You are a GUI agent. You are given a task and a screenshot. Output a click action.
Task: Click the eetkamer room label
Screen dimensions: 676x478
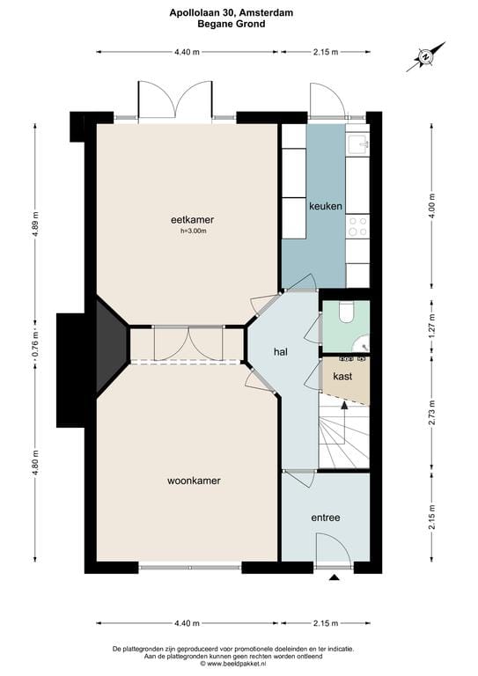coord(194,219)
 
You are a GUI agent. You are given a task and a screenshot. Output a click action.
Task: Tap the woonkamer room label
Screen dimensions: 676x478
coord(194,481)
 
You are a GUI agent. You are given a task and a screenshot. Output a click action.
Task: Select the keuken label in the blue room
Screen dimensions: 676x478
coord(325,206)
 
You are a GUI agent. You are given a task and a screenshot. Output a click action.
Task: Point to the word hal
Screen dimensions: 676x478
coord(281,351)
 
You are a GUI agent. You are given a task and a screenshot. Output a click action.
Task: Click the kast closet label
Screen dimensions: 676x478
coord(342,376)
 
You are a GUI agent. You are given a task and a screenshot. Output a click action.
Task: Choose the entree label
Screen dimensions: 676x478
coord(325,518)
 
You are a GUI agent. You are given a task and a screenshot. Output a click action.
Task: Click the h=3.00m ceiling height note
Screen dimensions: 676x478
coord(194,231)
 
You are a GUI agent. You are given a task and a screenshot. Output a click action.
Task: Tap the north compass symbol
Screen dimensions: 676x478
coord(425,55)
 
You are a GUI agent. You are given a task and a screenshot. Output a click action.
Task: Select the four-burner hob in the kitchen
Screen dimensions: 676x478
coord(357,226)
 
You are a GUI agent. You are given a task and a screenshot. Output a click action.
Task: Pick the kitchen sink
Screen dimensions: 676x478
coord(357,143)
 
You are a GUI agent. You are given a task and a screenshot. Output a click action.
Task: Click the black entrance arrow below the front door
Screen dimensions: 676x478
coord(335,578)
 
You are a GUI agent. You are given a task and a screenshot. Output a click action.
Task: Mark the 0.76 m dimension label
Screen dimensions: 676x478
coord(36,339)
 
